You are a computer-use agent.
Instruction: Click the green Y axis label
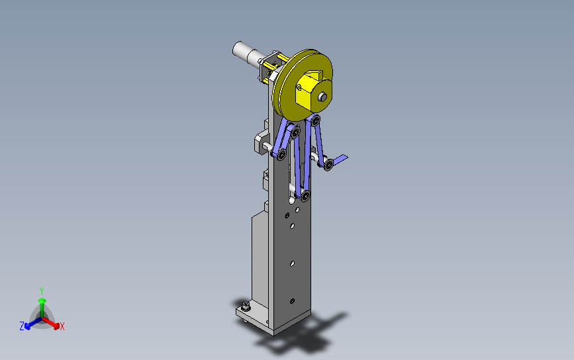click(41, 291)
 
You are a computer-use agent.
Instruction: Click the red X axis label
click(62, 326)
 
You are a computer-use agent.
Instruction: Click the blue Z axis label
click(22, 326)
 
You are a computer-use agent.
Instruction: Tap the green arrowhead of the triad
click(42, 301)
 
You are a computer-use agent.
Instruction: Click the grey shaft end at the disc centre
click(322, 97)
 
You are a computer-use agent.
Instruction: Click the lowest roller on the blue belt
click(305, 196)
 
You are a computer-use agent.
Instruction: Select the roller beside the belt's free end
click(328, 165)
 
